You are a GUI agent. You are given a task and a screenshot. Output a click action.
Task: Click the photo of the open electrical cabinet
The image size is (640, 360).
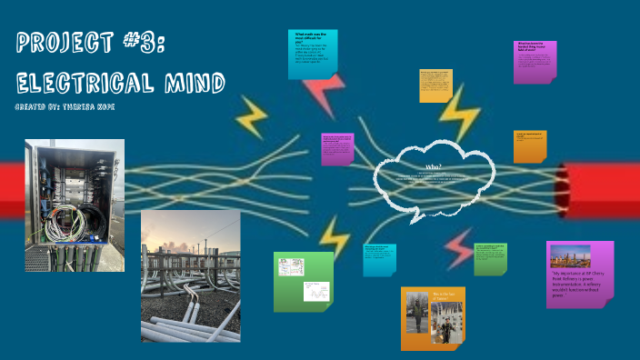coord(75,205)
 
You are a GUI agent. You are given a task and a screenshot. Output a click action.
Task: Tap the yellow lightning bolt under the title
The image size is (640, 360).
coord(251,116)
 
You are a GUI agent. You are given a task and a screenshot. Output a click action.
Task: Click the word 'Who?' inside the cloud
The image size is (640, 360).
coord(433,167)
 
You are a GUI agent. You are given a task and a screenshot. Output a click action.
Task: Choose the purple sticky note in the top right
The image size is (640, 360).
coord(535,62)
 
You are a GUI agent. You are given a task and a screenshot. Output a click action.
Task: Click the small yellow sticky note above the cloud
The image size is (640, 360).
coord(435,85)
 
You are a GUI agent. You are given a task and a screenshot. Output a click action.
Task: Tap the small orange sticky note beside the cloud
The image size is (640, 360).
coord(529,146)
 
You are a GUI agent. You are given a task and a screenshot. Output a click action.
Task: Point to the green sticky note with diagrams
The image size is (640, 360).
coord(304,281)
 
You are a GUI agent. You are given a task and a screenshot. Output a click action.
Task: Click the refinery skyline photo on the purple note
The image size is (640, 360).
coord(570,255)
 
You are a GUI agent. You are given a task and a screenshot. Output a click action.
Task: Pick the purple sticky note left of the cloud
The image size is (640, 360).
coord(337,149)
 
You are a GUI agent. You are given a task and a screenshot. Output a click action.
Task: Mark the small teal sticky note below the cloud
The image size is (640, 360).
coord(379,260)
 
